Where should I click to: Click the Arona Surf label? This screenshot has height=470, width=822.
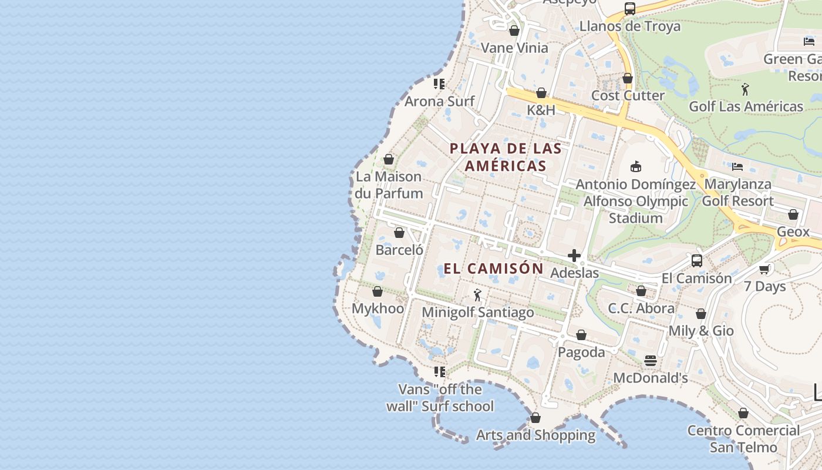point(439,101)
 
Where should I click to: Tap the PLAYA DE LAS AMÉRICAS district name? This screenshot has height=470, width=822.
point(506,157)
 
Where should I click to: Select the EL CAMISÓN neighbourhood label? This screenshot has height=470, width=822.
point(493,268)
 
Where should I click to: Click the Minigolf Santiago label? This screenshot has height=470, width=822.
point(478,312)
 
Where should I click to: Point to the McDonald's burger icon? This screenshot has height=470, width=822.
point(650,360)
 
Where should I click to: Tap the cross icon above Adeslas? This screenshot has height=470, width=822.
point(574,256)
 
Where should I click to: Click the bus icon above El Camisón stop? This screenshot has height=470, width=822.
point(697,260)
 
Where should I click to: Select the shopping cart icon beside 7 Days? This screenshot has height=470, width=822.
point(764,269)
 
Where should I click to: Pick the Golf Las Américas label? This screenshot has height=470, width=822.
point(746,106)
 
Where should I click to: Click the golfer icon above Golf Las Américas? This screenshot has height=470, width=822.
point(745,89)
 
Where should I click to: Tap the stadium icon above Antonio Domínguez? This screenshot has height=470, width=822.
point(635,167)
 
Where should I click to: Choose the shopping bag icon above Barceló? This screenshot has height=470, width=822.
point(399,233)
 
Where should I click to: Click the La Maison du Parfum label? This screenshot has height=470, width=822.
point(389,184)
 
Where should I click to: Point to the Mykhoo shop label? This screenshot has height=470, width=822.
point(378,308)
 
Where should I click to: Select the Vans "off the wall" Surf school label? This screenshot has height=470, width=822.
point(440,398)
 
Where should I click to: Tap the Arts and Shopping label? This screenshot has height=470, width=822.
point(535,435)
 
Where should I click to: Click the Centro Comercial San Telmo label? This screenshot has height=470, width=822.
point(743,438)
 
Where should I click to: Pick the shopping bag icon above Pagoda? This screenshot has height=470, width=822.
point(581,335)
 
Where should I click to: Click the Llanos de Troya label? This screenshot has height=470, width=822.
point(629,26)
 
